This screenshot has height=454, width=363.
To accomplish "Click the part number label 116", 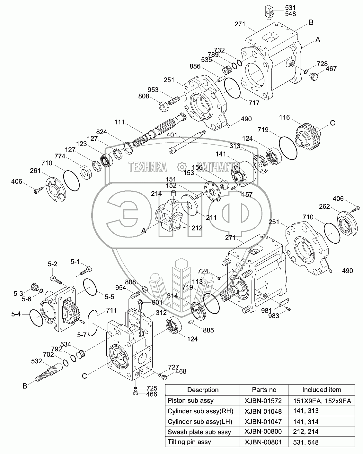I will click(284, 118).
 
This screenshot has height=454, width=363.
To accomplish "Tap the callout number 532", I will click(37, 361).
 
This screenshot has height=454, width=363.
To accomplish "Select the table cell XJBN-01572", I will click(263, 400).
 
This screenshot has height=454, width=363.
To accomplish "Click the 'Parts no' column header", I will click(264, 390).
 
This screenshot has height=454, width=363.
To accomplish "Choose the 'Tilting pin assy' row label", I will click(189, 442).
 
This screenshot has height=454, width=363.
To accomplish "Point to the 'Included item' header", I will click(322, 390).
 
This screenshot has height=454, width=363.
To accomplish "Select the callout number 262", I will click(324, 206).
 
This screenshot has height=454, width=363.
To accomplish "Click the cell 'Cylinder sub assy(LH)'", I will click(199, 421).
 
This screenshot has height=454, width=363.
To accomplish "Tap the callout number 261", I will click(36, 171).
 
